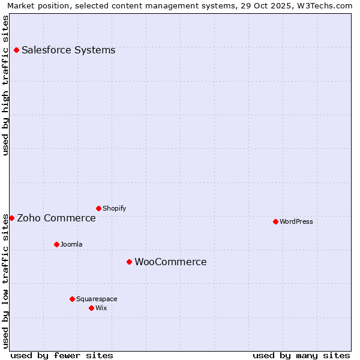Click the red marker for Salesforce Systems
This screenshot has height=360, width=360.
click(x=16, y=50)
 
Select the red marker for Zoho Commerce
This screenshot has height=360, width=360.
click(x=11, y=218)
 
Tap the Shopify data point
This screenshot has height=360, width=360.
click(x=98, y=208)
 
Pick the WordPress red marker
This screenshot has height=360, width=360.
click(x=275, y=221)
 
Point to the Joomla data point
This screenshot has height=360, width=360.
click(x=56, y=244)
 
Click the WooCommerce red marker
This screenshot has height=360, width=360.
click(x=129, y=262)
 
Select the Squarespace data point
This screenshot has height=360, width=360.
click(x=72, y=299)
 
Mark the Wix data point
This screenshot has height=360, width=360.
click(x=91, y=308)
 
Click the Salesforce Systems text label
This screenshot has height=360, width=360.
click(x=68, y=50)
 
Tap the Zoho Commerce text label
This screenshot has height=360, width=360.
click(x=56, y=218)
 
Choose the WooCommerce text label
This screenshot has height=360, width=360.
click(x=170, y=262)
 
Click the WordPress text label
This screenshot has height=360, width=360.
click(x=296, y=221)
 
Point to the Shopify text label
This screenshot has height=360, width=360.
click(x=114, y=208)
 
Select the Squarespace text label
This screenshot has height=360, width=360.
click(x=97, y=299)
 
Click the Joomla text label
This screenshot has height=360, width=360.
click(x=71, y=244)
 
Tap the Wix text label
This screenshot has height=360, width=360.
click(x=101, y=308)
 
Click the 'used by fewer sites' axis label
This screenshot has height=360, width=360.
click(x=62, y=355)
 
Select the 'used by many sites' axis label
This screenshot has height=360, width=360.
click(x=301, y=355)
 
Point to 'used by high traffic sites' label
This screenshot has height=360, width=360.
click(x=6, y=86)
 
